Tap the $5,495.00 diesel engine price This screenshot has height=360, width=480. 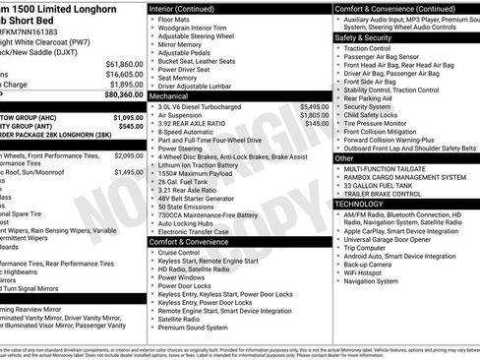(x=314, y=106)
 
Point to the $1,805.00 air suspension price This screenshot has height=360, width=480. (x=314, y=115)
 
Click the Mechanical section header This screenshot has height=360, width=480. (x=169, y=97)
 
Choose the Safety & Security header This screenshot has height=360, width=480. (x=363, y=37)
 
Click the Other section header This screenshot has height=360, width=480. (x=344, y=157)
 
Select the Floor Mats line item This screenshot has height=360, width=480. (x=175, y=19)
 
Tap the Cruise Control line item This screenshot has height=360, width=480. (x=179, y=252)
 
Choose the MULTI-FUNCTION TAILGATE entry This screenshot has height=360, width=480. (x=390, y=168)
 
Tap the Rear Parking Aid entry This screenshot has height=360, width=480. (x=371, y=97)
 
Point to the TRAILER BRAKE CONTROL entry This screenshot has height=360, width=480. (x=385, y=193)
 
